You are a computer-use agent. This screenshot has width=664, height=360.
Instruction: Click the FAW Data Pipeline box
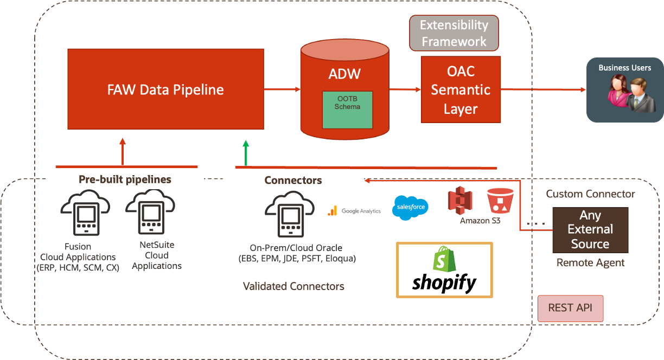click(x=165, y=89)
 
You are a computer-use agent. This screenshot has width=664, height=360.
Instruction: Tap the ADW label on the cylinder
click(x=344, y=74)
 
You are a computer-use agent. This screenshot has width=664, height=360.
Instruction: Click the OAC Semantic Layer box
click(x=461, y=90)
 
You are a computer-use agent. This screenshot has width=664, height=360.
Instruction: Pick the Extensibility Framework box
click(x=454, y=33)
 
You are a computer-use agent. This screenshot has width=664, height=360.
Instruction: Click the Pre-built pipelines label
click(x=125, y=179)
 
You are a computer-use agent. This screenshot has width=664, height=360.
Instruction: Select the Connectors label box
click(x=293, y=181)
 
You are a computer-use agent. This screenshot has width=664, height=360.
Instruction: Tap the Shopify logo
click(x=444, y=270)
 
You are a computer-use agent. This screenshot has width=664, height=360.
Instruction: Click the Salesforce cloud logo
click(x=410, y=208)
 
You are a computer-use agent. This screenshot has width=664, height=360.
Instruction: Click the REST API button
click(x=570, y=308)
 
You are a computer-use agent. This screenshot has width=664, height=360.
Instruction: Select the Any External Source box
click(x=590, y=230)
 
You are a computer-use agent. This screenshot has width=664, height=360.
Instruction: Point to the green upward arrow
click(x=246, y=152)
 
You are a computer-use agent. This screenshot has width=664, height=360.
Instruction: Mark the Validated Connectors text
click(x=293, y=286)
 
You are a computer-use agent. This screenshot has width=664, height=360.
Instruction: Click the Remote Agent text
click(x=590, y=263)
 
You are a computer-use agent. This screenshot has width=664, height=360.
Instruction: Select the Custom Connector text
click(x=590, y=194)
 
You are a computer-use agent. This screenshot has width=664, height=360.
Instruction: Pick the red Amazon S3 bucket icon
click(x=500, y=201)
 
